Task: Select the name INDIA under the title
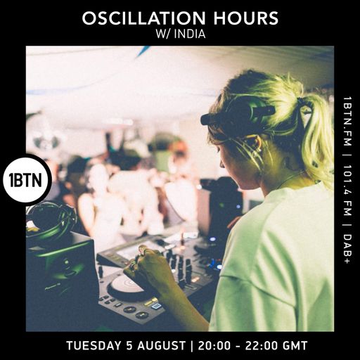(191, 33)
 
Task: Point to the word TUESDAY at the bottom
(96, 346)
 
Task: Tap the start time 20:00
(212, 346)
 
